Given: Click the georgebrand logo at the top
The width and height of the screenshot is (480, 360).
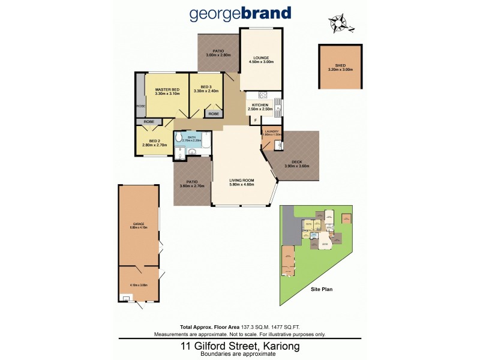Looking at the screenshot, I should tap(240, 13).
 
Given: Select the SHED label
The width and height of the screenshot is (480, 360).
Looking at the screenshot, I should tap(340, 65).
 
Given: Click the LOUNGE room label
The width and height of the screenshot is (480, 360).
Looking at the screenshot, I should tap(261, 58).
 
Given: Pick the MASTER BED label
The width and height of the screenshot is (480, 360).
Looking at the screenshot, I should tap(167, 89).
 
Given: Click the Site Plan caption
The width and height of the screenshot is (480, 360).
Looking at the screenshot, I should tap(322, 289).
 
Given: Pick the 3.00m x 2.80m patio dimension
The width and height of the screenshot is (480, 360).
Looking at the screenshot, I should tap(218, 55).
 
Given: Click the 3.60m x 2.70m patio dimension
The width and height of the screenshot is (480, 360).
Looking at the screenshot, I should tap(192, 186).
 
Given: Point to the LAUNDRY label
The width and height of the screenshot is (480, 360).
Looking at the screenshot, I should tap(272, 131).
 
